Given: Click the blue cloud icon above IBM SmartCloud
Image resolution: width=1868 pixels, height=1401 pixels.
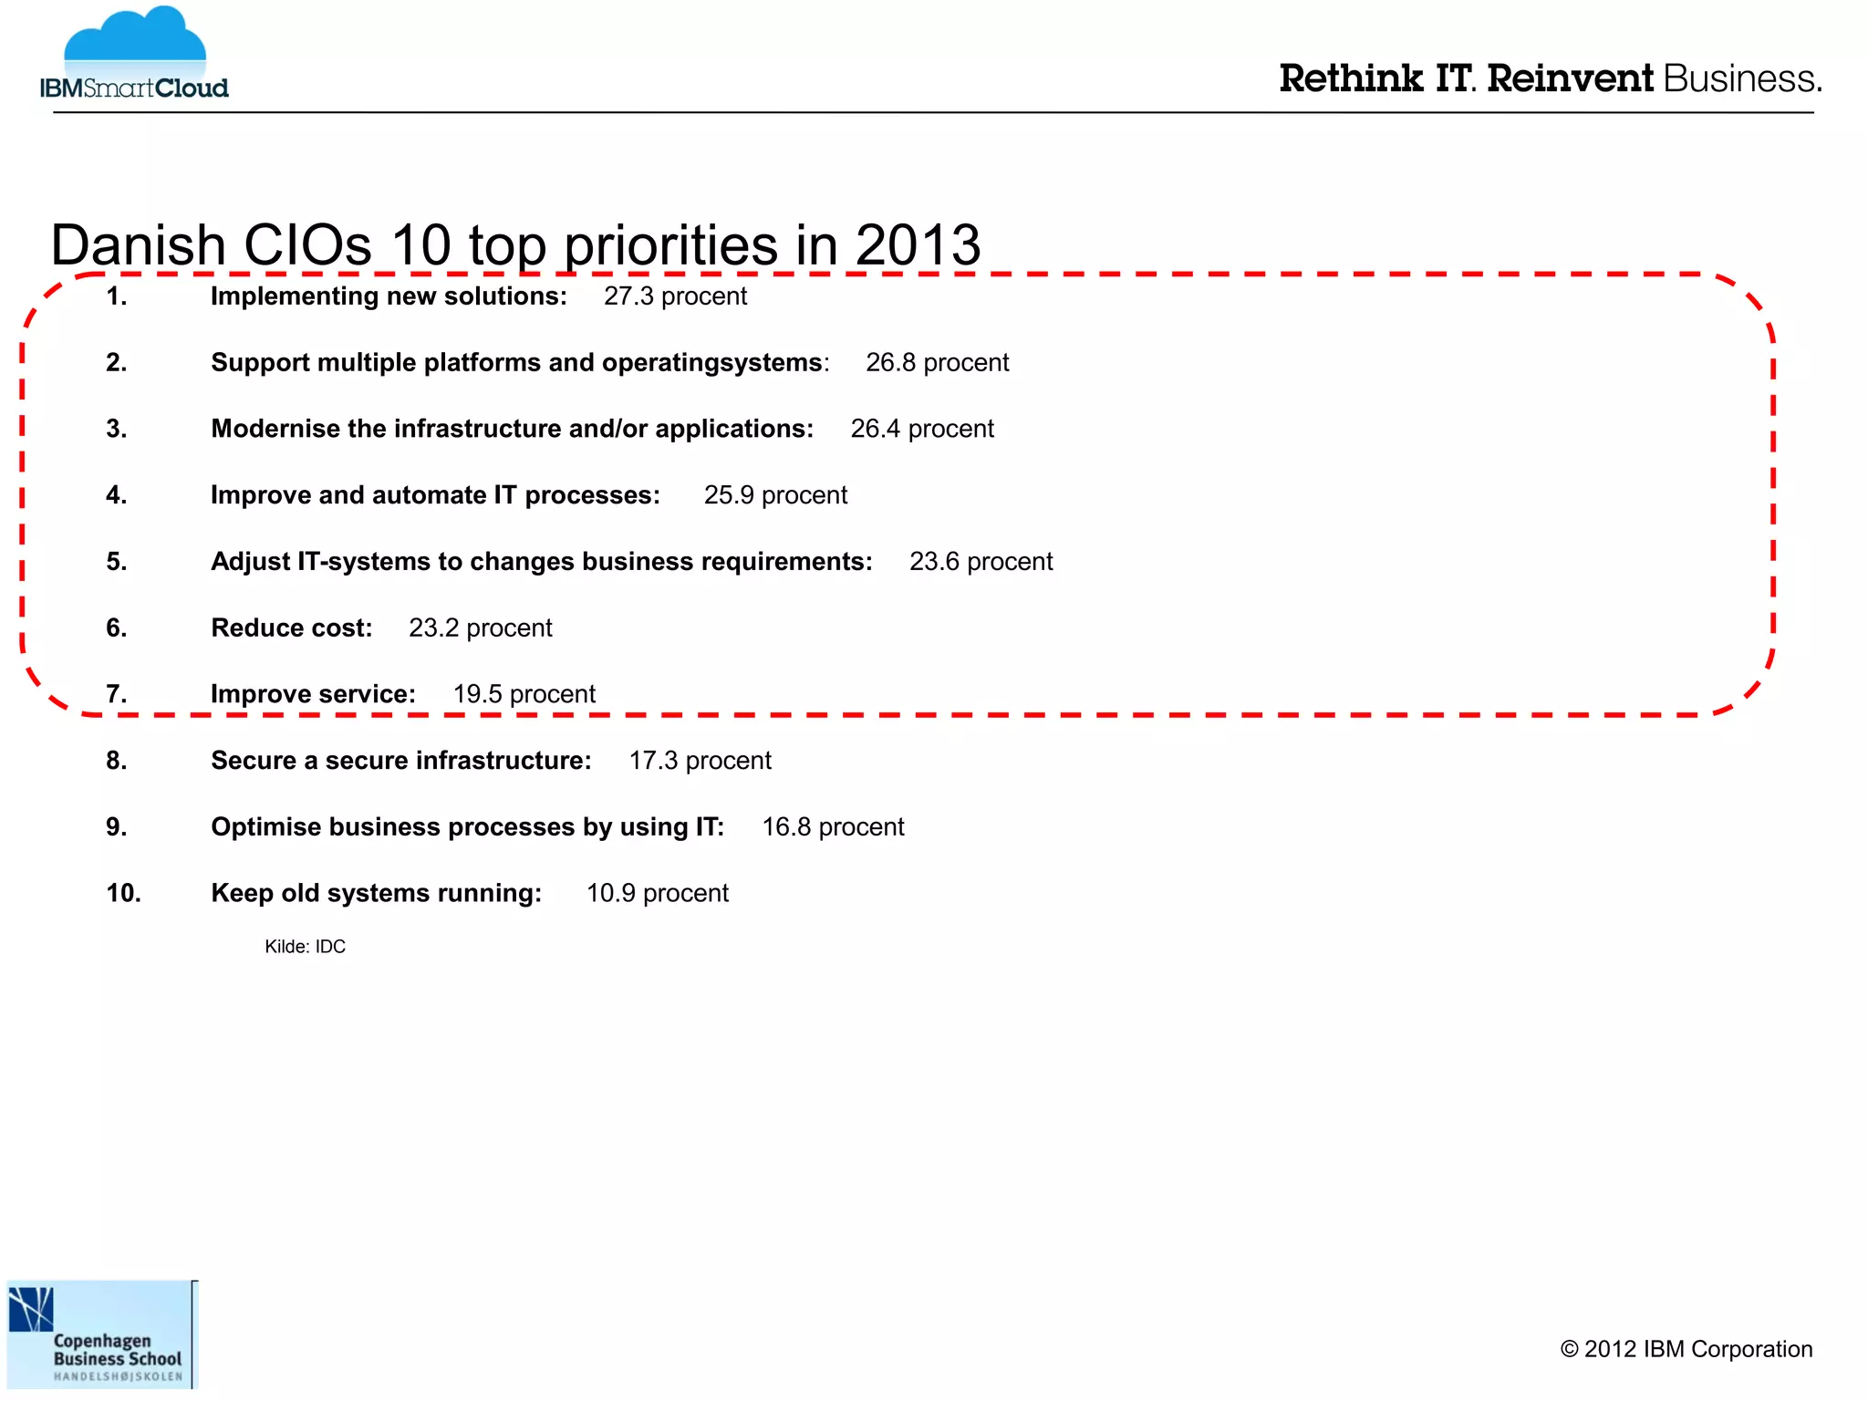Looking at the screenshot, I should click(135, 41).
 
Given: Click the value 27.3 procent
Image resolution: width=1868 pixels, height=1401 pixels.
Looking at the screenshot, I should click(675, 296).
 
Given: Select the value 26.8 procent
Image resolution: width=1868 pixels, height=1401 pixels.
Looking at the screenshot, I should click(937, 363).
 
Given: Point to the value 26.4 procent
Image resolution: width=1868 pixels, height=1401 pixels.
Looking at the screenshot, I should click(922, 429).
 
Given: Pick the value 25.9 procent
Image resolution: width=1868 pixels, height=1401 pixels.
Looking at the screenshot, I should click(775, 495).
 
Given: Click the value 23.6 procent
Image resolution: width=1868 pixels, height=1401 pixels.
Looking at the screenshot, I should click(981, 562).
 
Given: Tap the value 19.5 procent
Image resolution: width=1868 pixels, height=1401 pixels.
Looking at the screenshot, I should click(524, 694).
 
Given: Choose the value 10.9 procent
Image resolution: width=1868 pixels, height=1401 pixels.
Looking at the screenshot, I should click(657, 893).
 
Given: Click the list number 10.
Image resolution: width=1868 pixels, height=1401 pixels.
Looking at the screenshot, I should click(123, 893).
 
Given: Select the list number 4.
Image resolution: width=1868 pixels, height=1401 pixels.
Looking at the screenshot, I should click(116, 495).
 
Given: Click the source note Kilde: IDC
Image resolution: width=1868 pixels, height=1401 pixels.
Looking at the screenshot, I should click(305, 947).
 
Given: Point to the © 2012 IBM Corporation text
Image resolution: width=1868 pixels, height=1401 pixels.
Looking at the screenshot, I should click(1686, 1349).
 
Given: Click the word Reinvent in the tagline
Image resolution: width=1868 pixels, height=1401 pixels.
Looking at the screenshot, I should click(1570, 79).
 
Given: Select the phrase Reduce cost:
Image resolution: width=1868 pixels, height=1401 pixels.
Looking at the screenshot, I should click(292, 628).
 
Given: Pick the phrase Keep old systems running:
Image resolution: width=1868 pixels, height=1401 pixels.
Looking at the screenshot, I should click(377, 893).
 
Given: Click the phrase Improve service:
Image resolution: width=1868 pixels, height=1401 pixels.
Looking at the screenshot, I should click(313, 694).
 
